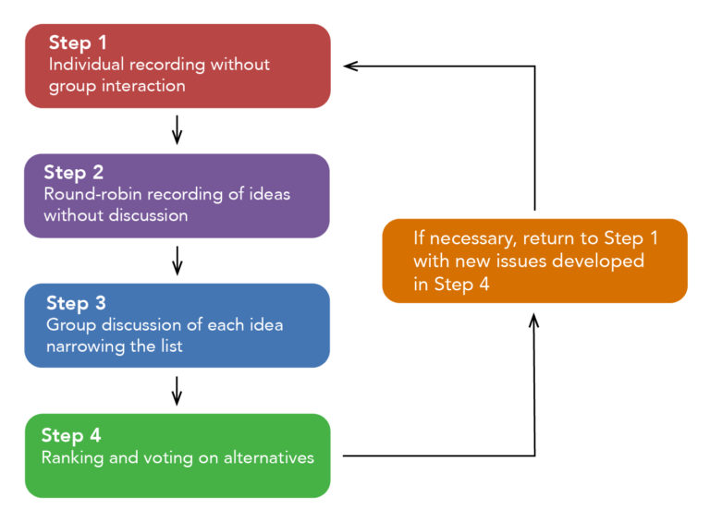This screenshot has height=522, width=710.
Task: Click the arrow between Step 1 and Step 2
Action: (x=177, y=131)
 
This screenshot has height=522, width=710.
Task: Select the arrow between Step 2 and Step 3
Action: (x=177, y=261)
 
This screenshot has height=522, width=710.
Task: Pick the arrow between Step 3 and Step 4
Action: (x=177, y=391)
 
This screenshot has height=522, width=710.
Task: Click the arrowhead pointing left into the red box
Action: (x=349, y=66)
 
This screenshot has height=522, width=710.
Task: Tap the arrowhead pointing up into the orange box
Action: (x=534, y=320)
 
